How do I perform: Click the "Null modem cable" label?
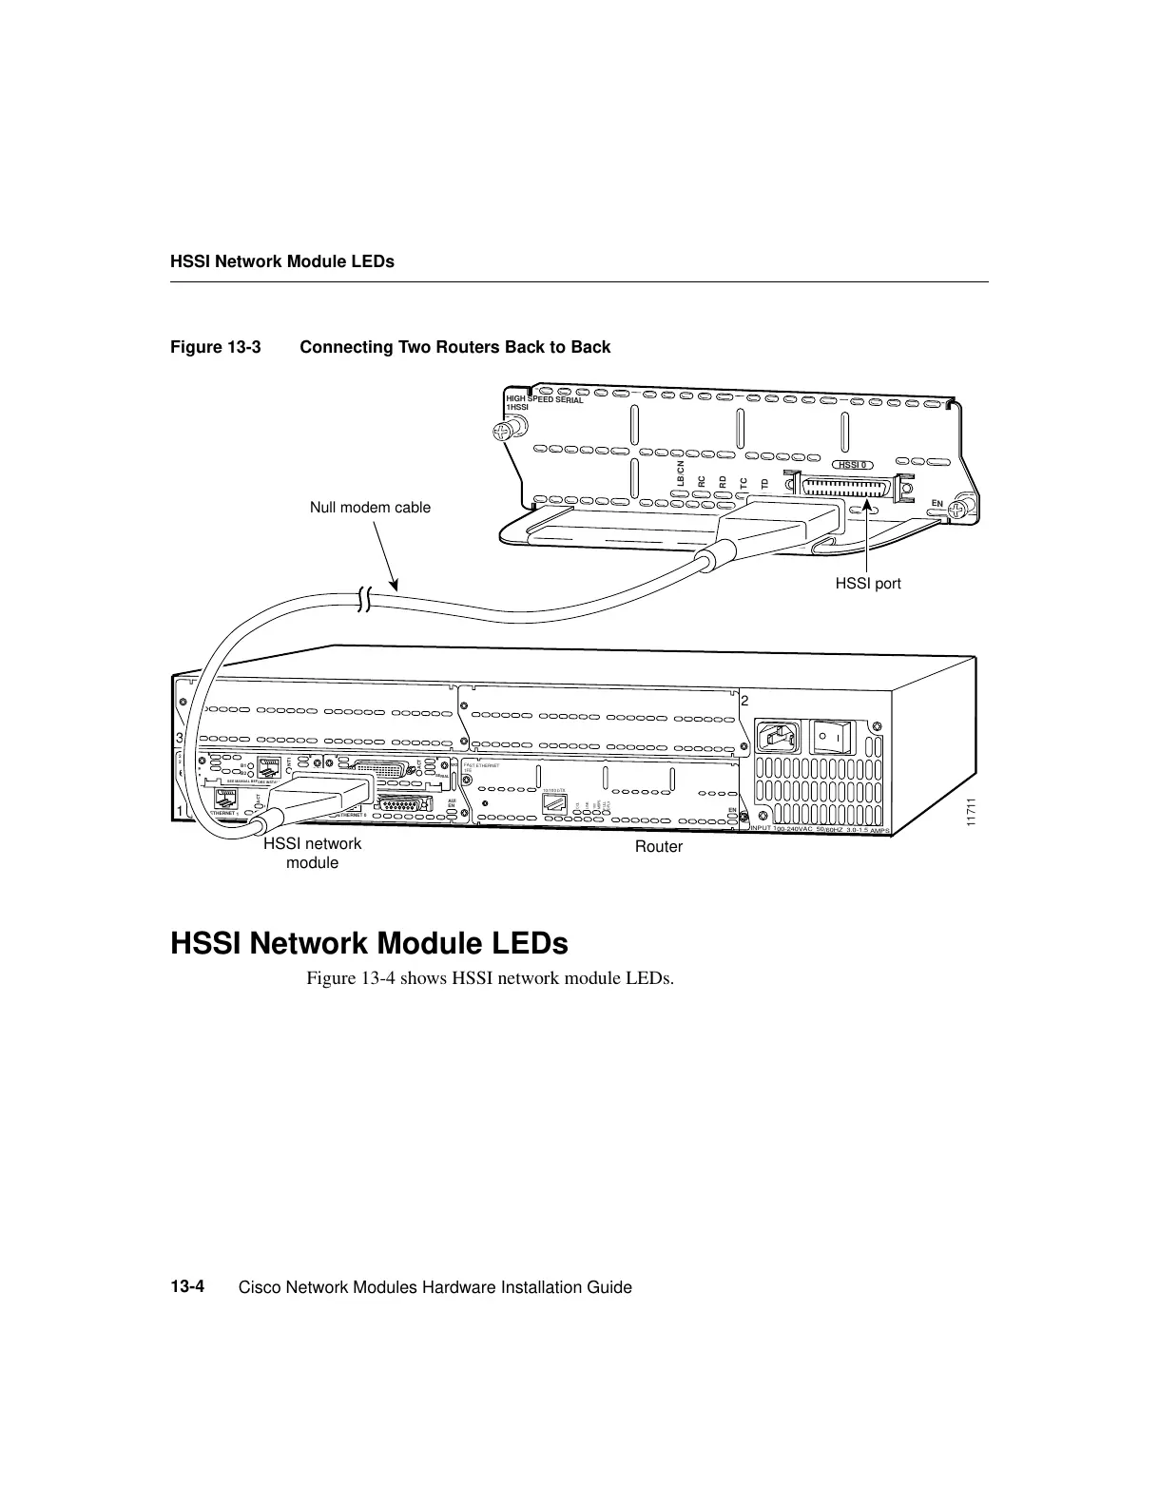[370, 508]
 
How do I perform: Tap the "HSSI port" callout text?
[867, 584]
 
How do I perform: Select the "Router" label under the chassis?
[659, 846]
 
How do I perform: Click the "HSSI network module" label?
[313, 853]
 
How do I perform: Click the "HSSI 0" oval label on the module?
[851, 465]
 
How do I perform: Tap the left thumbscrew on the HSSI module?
[503, 434]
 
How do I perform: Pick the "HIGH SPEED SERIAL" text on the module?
[545, 400]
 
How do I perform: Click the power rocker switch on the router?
[833, 737]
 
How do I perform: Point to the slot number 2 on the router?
[745, 701]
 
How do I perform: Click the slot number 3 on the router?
[179, 738]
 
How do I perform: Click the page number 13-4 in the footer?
[188, 1287]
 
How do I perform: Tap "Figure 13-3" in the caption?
[215, 347]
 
